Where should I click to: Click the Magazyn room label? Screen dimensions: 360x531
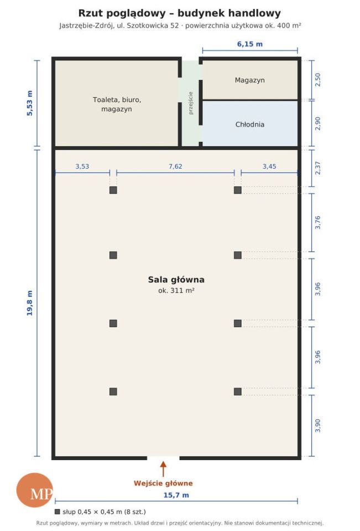point(249,80)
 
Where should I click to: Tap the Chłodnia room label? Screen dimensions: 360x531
point(249,124)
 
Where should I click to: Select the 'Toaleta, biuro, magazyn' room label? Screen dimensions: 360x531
point(117,105)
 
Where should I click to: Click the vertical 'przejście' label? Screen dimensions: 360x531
point(191,103)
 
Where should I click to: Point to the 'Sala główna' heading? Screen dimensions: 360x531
point(176,279)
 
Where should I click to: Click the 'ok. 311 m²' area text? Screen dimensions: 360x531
point(176,290)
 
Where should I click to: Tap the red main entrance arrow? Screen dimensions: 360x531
point(163,468)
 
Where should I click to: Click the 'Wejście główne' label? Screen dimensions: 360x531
point(163,483)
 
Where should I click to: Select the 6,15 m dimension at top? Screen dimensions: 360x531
point(250,44)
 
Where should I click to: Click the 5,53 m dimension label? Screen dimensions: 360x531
point(30,103)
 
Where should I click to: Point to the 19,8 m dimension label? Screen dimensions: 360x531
point(30,303)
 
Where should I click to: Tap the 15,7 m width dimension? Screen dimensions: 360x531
point(176,495)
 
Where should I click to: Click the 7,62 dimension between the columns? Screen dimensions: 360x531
point(175,166)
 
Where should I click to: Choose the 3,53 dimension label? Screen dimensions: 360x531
point(82,166)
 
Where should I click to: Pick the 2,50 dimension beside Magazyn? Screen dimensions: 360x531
point(317,80)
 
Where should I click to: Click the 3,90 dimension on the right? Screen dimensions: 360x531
point(317,425)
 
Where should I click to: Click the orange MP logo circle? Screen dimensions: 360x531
point(34,490)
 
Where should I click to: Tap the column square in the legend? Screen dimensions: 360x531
point(57,512)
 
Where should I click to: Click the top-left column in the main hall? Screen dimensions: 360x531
point(113,190)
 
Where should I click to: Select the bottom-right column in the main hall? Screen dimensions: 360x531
point(238,392)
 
